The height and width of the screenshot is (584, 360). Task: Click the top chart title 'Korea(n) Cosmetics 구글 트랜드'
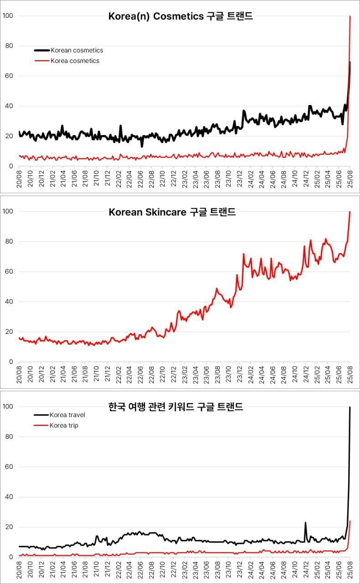[x=180, y=16]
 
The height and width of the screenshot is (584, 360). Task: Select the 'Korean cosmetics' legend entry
[x=77, y=50]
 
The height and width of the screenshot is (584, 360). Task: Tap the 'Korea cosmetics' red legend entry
[x=74, y=61]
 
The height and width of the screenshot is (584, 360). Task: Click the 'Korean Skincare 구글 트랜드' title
[x=172, y=212]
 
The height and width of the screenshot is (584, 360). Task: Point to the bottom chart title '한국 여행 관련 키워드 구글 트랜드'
[x=176, y=407]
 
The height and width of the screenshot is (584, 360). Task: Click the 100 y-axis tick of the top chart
[x=8, y=16]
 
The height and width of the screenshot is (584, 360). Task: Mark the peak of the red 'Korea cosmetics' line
[x=350, y=16]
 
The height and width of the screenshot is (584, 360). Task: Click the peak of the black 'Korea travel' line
[x=350, y=407]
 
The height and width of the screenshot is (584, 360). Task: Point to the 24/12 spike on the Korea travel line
[x=305, y=522]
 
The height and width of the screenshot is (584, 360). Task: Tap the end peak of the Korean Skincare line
[x=350, y=212]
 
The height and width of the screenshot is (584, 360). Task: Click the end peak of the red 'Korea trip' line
[x=350, y=521]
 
